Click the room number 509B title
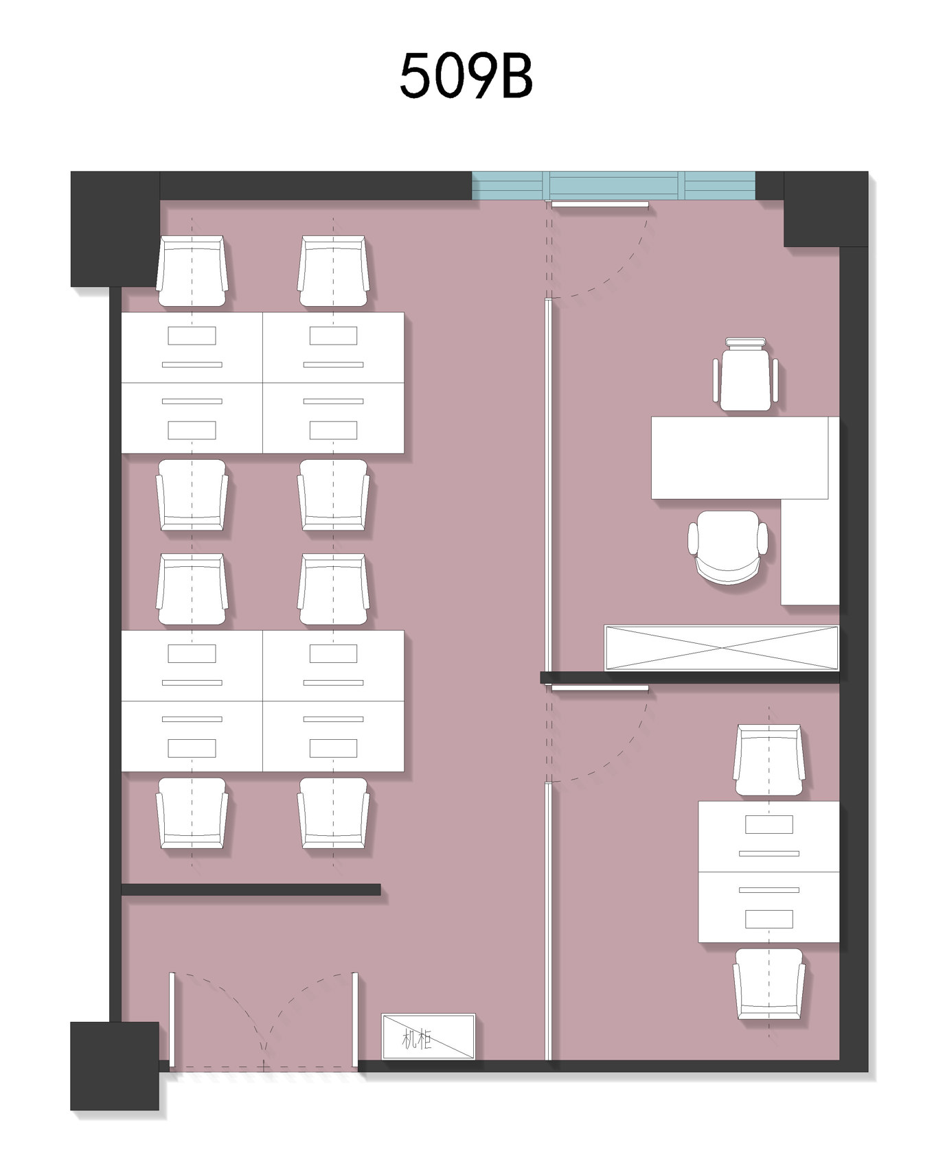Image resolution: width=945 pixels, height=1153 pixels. pos(466,76)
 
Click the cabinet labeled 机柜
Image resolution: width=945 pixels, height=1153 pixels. pos(429,1036)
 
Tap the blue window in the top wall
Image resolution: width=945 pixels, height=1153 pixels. pos(613,185)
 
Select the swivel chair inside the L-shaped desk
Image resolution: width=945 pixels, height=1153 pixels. pos(728,547)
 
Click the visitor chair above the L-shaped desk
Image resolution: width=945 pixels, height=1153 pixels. pos(745,375)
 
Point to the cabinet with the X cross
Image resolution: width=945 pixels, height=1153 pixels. pos(721,647)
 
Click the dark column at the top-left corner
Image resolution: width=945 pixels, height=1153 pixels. pos(115,229)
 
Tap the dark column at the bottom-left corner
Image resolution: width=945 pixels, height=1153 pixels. pos(115,1066)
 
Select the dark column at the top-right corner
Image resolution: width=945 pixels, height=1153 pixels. pos(826,209)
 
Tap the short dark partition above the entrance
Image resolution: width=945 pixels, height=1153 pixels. pos(251,889)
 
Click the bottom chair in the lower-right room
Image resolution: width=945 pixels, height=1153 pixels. pos(769,984)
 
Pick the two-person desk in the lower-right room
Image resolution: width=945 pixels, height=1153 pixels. pos(768,872)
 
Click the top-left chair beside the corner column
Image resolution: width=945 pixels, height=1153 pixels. pos(192,272)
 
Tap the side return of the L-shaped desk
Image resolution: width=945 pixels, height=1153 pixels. pos(810,552)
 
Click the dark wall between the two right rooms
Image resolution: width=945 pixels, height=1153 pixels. pos(690,677)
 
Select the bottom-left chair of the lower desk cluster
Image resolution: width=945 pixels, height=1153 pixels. pos(192,813)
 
